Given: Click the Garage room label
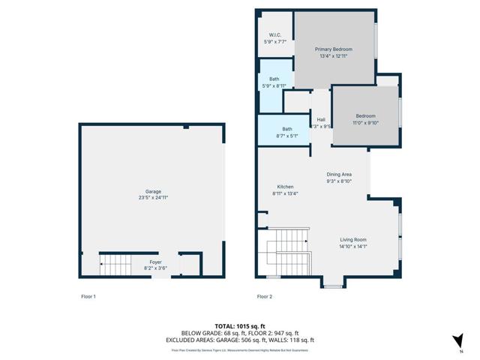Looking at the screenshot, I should tap(153, 191).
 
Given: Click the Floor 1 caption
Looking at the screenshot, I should tap(88, 297).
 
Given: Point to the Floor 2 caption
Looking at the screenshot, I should tap(264, 297).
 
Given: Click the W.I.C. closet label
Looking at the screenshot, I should tap(274, 35).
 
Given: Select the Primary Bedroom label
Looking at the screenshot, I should tap(333, 49).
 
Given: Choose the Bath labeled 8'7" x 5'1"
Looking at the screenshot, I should tap(286, 128).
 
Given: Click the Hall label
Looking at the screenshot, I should tap(321, 119).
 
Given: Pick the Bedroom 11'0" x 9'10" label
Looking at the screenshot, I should tap(365, 115).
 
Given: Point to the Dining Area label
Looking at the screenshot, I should tap(339, 175).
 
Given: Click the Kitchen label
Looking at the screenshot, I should tap(285, 187).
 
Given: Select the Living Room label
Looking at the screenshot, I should tap(353, 239).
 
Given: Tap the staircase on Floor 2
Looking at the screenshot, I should tap(288, 251).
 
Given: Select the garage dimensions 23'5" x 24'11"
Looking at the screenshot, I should tap(153, 197).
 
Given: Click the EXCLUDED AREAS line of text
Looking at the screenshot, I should tap(239, 339).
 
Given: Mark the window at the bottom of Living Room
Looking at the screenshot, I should tap(333, 286).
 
